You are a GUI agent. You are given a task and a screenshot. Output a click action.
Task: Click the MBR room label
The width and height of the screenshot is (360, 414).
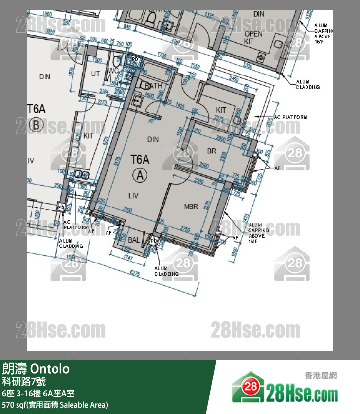[x=191, y=207]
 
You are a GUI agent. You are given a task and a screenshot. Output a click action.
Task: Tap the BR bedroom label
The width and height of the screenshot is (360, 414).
[x=211, y=151]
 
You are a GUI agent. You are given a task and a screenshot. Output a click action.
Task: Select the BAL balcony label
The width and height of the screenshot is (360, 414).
[x=134, y=240]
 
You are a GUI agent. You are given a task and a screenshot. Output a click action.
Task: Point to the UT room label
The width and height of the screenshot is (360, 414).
[x=95, y=73]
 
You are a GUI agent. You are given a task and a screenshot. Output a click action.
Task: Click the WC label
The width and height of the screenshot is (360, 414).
[x=113, y=71]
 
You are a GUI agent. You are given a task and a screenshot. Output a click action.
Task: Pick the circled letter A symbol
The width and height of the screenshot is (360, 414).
[x=140, y=176]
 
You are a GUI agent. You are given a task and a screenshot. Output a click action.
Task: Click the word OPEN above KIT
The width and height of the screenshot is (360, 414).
[x=253, y=34]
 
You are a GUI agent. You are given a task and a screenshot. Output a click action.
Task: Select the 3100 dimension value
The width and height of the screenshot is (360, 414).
[x=127, y=210]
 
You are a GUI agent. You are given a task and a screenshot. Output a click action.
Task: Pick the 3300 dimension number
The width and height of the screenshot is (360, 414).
[x=248, y=64]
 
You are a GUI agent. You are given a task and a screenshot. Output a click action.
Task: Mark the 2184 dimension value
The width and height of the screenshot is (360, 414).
[x=104, y=91]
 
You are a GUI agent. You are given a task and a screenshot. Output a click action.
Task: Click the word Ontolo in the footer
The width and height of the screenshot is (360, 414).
[x=51, y=369]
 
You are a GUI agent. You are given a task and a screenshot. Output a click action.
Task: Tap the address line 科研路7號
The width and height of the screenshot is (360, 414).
[x=24, y=381]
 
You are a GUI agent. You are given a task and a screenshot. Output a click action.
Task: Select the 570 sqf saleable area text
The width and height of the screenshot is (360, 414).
[x=54, y=405]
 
